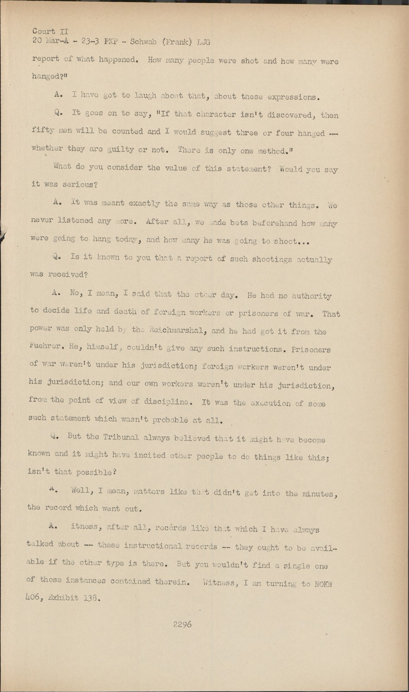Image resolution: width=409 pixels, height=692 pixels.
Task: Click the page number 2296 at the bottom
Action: click(x=182, y=625)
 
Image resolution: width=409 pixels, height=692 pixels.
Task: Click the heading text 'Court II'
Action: click(x=50, y=31)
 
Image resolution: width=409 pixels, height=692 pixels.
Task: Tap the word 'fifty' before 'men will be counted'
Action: click(x=42, y=130)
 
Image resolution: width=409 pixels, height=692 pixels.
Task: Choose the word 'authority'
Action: click(x=312, y=296)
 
